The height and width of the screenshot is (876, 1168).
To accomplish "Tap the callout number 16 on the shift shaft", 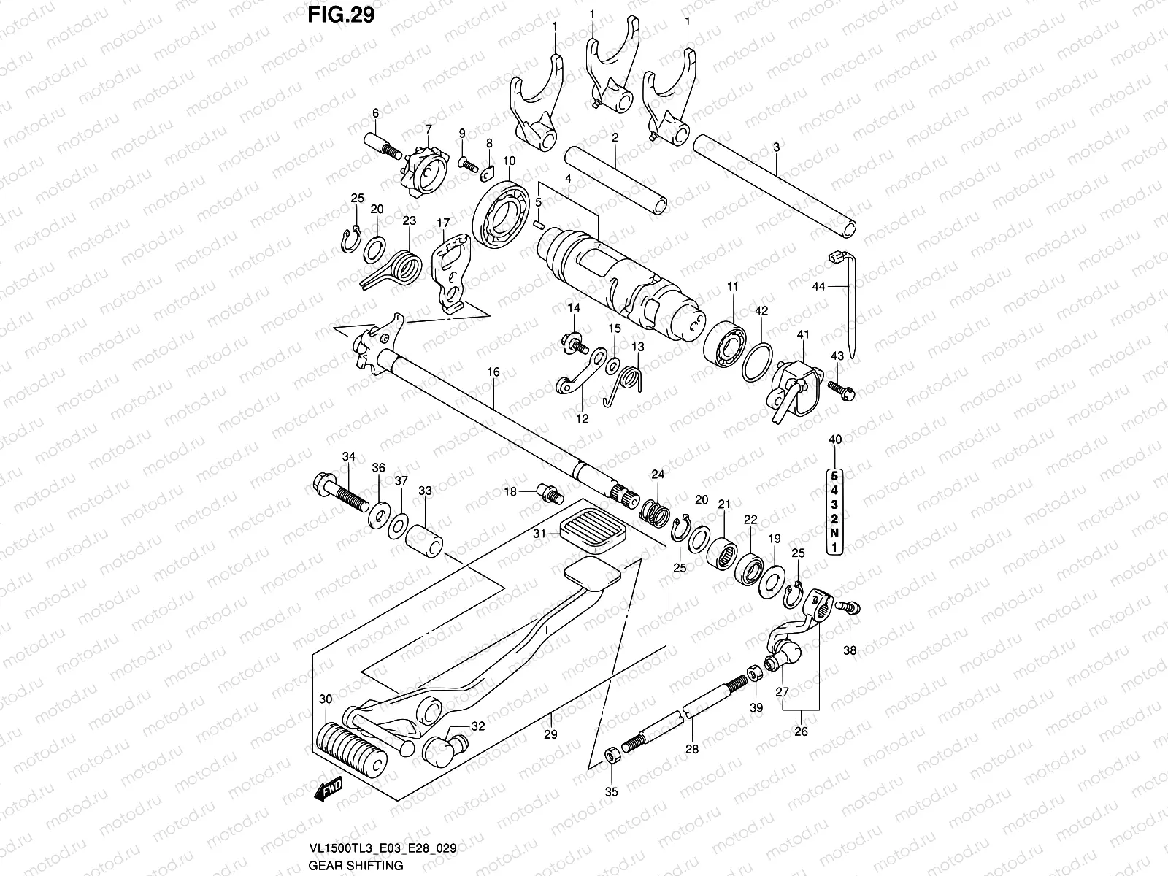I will [493, 372].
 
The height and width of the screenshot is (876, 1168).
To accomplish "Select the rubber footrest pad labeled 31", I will [591, 534].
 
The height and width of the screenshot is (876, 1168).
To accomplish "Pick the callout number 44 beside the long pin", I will [818, 287].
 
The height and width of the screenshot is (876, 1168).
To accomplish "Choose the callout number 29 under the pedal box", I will [550, 735].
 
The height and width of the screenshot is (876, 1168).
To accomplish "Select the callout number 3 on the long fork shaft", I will [776, 147].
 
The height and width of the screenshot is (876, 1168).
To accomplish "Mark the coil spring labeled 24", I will [656, 509].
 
